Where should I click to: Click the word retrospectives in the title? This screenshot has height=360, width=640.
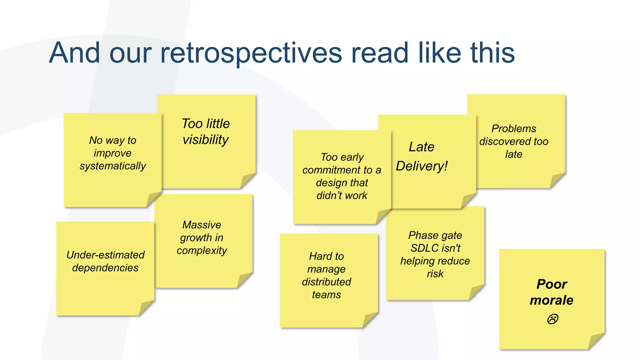click(x=251, y=53)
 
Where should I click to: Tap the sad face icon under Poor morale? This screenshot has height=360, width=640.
click(x=552, y=319)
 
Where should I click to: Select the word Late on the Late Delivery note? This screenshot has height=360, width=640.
click(x=421, y=147)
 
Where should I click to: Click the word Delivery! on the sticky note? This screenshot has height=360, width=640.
click(x=422, y=166)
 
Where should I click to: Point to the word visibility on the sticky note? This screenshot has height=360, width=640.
click(x=206, y=140)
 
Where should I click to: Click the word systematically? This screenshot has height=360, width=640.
click(x=112, y=166)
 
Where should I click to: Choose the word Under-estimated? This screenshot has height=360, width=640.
click(x=105, y=255)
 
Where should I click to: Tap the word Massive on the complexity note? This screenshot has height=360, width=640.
click(x=202, y=225)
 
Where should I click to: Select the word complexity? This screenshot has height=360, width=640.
click(x=202, y=251)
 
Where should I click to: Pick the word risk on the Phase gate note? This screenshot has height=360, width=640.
click(x=435, y=274)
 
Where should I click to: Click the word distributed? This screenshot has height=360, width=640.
click(x=326, y=282)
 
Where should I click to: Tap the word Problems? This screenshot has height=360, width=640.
click(x=513, y=128)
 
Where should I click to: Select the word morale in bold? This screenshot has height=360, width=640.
click(x=552, y=300)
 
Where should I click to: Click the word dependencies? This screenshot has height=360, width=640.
click(x=105, y=268)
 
